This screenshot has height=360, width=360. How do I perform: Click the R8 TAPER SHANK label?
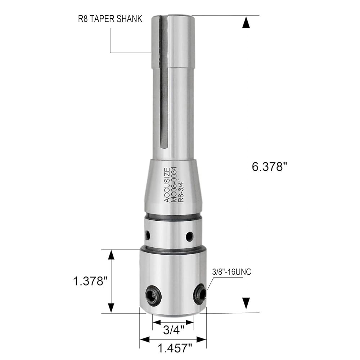pyautogui.click(x=110, y=19)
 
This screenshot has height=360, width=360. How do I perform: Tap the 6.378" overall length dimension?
pyautogui.click(x=270, y=166)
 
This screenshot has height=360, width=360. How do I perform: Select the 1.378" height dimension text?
pyautogui.click(x=90, y=281)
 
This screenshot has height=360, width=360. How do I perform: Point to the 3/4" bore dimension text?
pyautogui.click(x=174, y=330)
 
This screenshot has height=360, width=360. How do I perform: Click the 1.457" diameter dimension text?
pyautogui.click(x=175, y=348)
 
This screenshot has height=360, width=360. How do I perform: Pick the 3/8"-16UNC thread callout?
pyautogui.click(x=231, y=272)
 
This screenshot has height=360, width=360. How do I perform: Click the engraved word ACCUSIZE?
pyautogui.click(x=167, y=185)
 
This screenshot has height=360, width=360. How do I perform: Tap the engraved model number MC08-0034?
pyautogui.click(x=174, y=184)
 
